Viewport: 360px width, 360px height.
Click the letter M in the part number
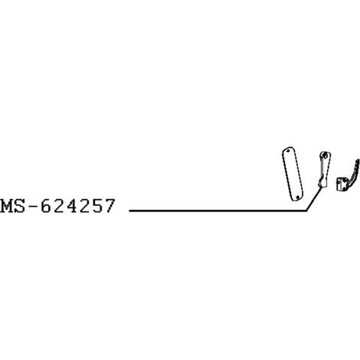pyautogui.click(x=7, y=206)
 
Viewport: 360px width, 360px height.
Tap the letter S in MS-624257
pyautogui.click(x=20, y=206)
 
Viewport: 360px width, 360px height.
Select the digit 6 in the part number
pyautogui.click(x=46, y=206)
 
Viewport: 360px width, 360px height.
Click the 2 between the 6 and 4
pyautogui.click(x=59, y=206)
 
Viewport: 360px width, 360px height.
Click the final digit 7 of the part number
pyautogui.click(x=110, y=206)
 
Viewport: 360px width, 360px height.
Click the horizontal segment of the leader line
pyautogui.click(x=218, y=211)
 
